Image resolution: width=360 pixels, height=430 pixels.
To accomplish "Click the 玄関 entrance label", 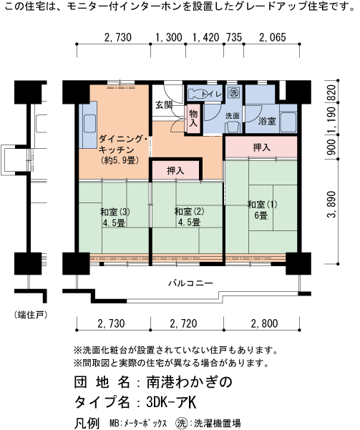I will pos(164,104).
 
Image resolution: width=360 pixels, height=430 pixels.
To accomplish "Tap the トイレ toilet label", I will pos(210,94).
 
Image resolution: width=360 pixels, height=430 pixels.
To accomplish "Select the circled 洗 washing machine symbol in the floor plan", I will pos(234,92).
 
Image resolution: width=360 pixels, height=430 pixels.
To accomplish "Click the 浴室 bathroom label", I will pos(267,122).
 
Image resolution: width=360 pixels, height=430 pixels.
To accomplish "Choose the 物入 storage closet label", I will pos(193,117).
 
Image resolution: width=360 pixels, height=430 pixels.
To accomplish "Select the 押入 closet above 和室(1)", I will pos(261,147).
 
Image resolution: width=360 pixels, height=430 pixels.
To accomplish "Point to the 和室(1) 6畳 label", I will pos(262,210).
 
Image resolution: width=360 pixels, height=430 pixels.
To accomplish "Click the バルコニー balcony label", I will pos(190,283).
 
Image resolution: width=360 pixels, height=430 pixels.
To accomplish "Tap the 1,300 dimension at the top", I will pos(169,38).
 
